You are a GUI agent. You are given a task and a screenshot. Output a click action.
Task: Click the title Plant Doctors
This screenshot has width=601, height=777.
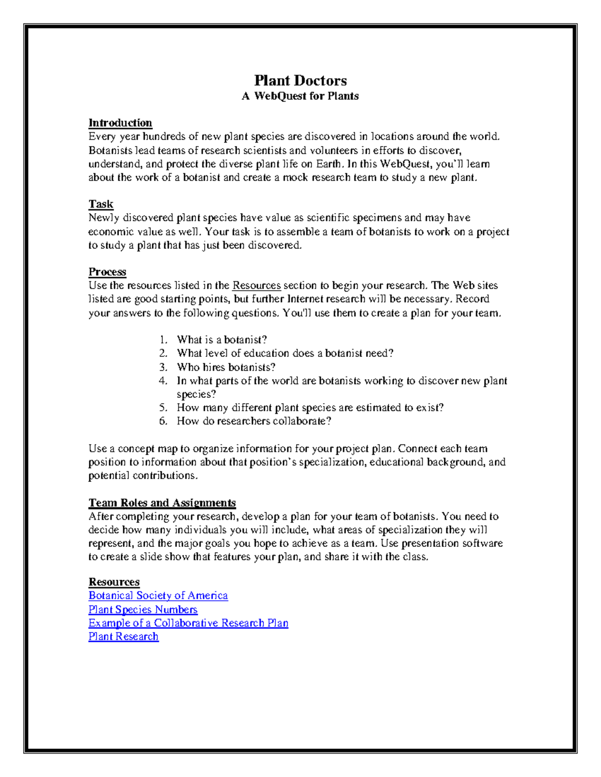[300, 81]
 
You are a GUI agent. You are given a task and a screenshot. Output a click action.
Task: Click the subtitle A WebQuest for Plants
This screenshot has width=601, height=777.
[300, 96]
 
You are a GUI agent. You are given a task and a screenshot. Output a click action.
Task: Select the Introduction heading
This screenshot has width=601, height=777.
[120, 123]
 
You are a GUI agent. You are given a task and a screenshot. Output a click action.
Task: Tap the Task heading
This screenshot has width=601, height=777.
[101, 204]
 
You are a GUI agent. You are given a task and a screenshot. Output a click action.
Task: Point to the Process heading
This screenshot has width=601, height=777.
[107, 272]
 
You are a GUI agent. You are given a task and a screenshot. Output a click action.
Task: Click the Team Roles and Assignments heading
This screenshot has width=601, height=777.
[162, 503]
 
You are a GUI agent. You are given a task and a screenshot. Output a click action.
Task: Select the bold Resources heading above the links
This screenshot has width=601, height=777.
[114, 582]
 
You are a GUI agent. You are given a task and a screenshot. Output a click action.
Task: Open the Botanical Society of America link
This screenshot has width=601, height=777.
[158, 595]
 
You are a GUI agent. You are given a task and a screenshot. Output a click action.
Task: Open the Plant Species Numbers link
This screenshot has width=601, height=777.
[143, 609]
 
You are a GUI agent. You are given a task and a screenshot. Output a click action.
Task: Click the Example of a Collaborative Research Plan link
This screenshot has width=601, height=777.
[188, 623]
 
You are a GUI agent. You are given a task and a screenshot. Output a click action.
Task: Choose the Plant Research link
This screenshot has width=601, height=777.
[123, 636]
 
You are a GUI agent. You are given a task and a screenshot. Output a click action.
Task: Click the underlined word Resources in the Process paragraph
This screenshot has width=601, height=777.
[256, 286]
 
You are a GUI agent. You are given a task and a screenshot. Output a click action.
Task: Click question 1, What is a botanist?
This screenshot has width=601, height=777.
[222, 340]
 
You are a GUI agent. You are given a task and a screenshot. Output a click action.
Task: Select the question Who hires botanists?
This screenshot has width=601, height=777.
[226, 367]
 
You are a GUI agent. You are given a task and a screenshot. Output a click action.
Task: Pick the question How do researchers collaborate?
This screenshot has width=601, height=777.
[254, 421]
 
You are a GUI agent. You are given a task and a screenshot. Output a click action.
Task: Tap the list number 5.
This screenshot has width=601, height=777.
[163, 408]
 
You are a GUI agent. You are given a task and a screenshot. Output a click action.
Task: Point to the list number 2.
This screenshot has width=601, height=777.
[163, 353]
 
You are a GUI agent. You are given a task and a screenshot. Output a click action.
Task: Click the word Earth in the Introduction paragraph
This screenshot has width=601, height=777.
[328, 164]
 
